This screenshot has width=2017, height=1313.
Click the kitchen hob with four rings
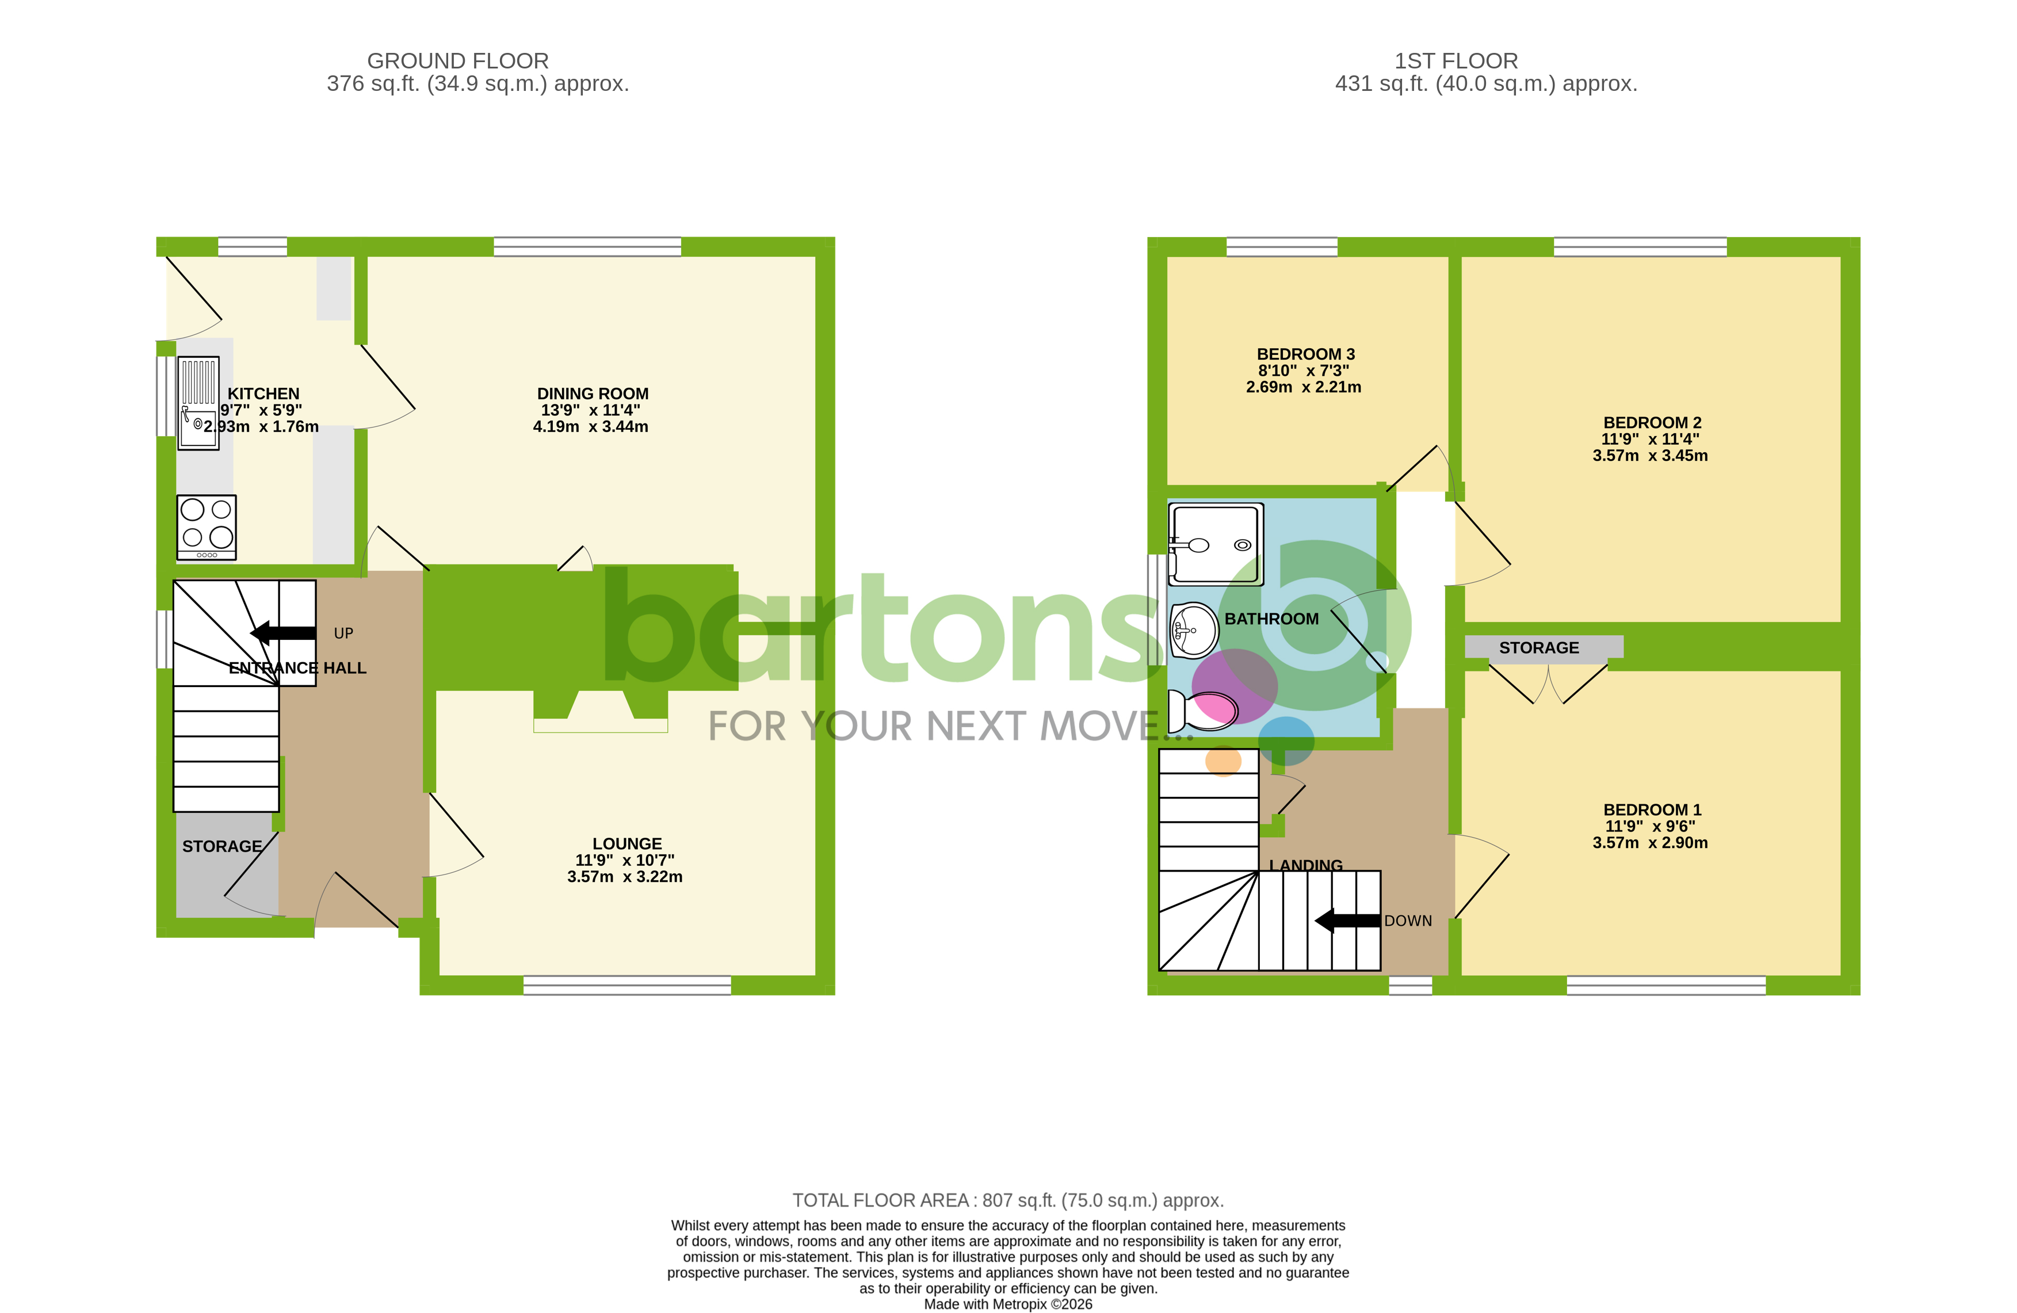point(206,526)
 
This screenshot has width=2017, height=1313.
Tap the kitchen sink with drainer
point(198,402)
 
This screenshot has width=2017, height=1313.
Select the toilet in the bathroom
point(1202,709)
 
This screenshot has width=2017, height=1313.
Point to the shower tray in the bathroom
point(1215,543)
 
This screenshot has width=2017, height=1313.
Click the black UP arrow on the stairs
point(283,632)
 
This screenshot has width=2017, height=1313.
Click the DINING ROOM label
point(593,394)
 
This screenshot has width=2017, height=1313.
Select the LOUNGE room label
point(627,843)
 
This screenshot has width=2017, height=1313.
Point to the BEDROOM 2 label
point(1652,423)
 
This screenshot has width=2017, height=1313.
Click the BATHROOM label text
point(1271,619)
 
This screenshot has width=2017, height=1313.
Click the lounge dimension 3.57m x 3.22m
point(625,876)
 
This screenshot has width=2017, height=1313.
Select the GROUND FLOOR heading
point(457,61)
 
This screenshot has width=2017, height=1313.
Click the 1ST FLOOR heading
point(1456,61)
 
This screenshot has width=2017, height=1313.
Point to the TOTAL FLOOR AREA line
point(1008,1200)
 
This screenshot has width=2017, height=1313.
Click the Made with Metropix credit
point(1008,1304)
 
